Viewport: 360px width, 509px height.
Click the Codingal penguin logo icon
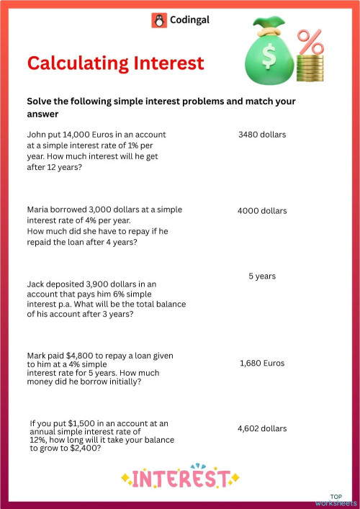point(158,20)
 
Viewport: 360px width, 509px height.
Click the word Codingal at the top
point(189,20)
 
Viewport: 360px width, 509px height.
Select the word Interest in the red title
point(170,63)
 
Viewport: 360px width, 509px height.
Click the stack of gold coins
point(310,71)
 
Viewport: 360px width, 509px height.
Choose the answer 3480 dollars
point(262,135)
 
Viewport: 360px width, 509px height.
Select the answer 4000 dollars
point(262,211)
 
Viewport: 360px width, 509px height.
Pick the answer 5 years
point(262,276)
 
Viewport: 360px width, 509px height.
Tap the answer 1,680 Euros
point(262,364)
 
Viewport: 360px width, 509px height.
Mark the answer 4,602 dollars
point(262,428)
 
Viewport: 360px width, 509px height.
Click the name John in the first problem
point(37,135)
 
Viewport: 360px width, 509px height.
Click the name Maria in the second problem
point(39,210)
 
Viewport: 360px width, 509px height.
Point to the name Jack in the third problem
point(37,284)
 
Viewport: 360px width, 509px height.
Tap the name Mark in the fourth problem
point(37,356)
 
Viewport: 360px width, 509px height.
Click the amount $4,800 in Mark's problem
point(82,356)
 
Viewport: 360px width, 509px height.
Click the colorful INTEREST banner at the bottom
point(181,477)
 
